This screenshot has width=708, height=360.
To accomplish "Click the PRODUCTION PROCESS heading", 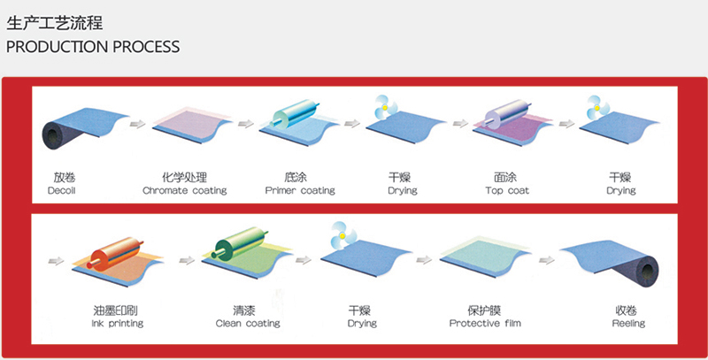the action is (x=93, y=47).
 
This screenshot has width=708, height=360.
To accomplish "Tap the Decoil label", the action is (x=61, y=190).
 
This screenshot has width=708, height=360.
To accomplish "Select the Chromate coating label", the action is (x=185, y=190).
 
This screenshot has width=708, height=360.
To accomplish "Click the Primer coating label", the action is (x=300, y=190).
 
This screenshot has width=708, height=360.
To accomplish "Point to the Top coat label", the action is (x=507, y=190).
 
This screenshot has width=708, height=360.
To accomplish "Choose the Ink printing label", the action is (x=118, y=324).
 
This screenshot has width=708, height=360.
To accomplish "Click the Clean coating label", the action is (x=248, y=324).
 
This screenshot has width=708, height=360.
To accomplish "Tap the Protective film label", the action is (x=485, y=324).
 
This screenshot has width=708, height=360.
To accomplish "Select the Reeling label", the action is (x=628, y=324).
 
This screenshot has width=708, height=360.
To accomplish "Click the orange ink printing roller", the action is (x=116, y=254).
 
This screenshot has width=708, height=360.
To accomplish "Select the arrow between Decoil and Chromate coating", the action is (x=138, y=124).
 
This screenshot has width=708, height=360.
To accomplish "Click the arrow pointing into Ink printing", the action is (x=56, y=261).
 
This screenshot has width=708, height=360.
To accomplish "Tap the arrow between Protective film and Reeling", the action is (x=547, y=260).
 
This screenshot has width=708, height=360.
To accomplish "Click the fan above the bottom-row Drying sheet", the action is (x=342, y=235).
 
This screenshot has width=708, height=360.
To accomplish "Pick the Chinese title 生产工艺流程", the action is (x=55, y=24).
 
